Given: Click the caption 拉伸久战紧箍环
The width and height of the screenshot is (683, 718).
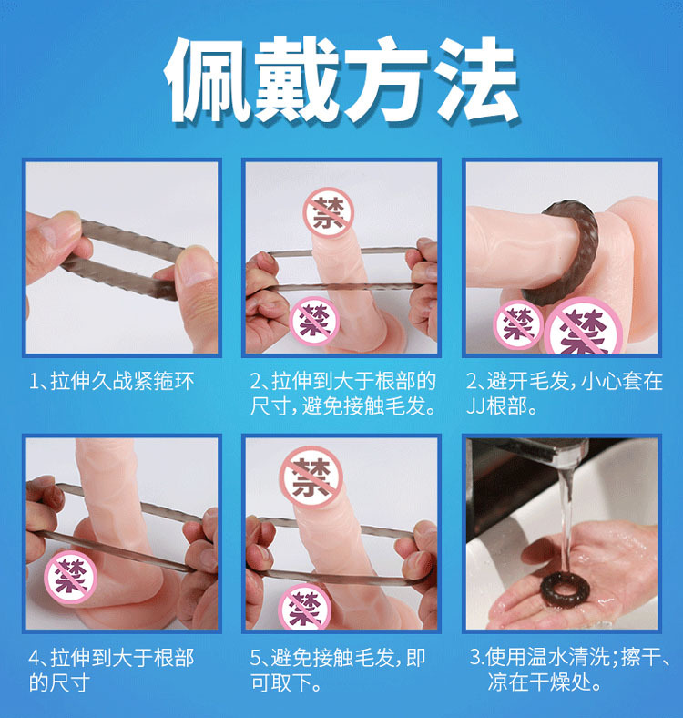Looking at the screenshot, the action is coord(122,382).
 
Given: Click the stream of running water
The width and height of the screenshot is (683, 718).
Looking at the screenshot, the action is coord(566,518).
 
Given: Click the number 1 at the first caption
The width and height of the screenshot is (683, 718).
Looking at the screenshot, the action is coord(34,382).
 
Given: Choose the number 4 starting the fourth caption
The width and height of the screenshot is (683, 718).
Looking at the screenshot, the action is coord(35,659).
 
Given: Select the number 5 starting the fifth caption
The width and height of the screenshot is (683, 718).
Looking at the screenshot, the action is coord(255,659).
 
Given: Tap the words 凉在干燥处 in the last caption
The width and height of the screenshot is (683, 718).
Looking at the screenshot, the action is coord(539,682).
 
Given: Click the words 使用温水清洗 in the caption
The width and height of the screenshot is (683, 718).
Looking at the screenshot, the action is coord(547,657).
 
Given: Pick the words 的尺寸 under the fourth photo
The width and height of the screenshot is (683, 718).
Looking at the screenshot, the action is coord(59,683).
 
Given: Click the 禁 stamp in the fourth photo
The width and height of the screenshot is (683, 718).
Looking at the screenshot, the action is coord(70,577).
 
